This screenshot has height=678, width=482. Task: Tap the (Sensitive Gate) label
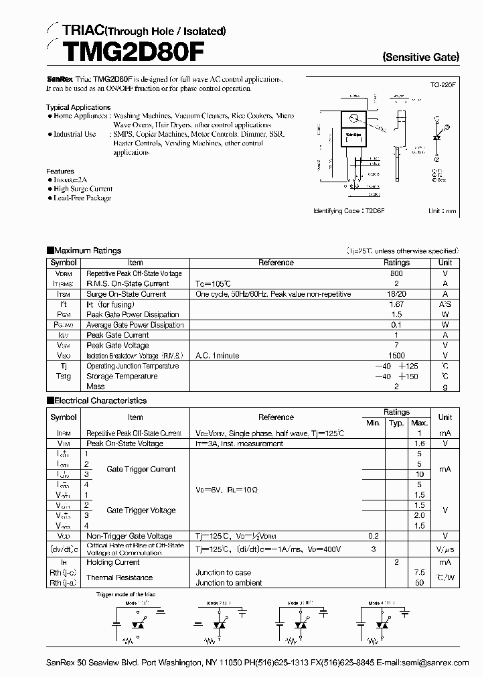click(x=421, y=58)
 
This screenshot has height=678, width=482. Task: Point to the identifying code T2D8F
click(x=374, y=210)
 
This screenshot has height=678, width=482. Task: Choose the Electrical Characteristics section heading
click(x=100, y=401)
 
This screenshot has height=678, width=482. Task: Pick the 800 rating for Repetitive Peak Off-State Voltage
click(x=396, y=273)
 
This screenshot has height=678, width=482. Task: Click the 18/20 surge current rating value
click(x=396, y=294)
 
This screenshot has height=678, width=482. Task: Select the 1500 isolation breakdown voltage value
click(x=396, y=356)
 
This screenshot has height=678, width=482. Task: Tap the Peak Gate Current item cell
click(x=118, y=335)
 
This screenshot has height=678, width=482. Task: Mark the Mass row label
click(x=96, y=387)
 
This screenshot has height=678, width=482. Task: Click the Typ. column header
click(x=396, y=423)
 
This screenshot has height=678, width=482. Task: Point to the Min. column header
click(x=373, y=423)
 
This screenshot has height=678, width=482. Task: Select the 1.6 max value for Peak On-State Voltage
click(x=420, y=444)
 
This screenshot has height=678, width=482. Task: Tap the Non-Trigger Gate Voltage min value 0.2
click(x=373, y=536)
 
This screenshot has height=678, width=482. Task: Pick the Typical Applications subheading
click(x=78, y=107)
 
